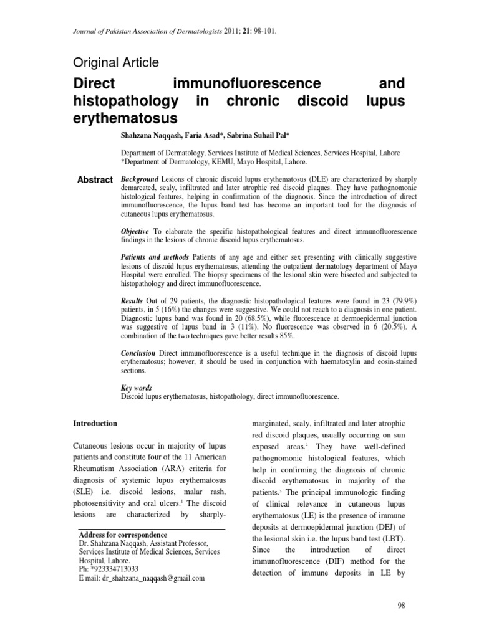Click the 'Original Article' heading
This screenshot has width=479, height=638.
(x=116, y=62)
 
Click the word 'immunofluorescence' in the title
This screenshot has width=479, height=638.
(x=246, y=83)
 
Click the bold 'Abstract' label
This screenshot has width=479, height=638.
(x=95, y=180)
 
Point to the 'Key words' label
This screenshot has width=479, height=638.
(x=136, y=388)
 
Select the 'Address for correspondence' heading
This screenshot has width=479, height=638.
(x=123, y=535)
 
